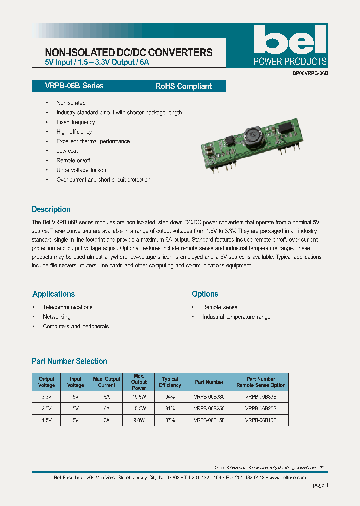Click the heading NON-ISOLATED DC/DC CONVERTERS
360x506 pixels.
129,53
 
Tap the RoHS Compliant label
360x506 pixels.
184,86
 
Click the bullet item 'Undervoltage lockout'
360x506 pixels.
82,170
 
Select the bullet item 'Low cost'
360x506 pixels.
67,151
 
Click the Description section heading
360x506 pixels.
51,209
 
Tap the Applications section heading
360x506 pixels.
53,294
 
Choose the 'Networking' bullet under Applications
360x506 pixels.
57,317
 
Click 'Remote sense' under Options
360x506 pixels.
220,307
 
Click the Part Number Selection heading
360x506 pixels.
69,361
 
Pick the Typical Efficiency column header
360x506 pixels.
170,382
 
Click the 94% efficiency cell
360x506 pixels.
170,397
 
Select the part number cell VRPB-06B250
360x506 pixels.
209,409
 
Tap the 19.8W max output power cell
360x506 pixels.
139,397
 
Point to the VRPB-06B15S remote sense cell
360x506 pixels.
261,421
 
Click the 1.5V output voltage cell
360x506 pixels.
47,421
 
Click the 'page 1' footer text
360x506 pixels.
320,485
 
